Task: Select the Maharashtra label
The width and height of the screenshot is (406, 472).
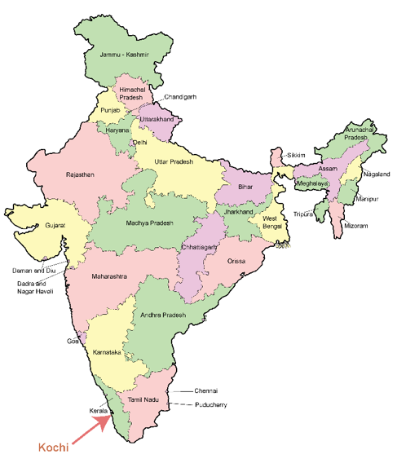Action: click(x=108, y=276)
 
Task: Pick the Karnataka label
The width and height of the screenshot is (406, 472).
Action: click(x=107, y=352)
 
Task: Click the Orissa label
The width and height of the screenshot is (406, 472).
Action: click(x=236, y=261)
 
